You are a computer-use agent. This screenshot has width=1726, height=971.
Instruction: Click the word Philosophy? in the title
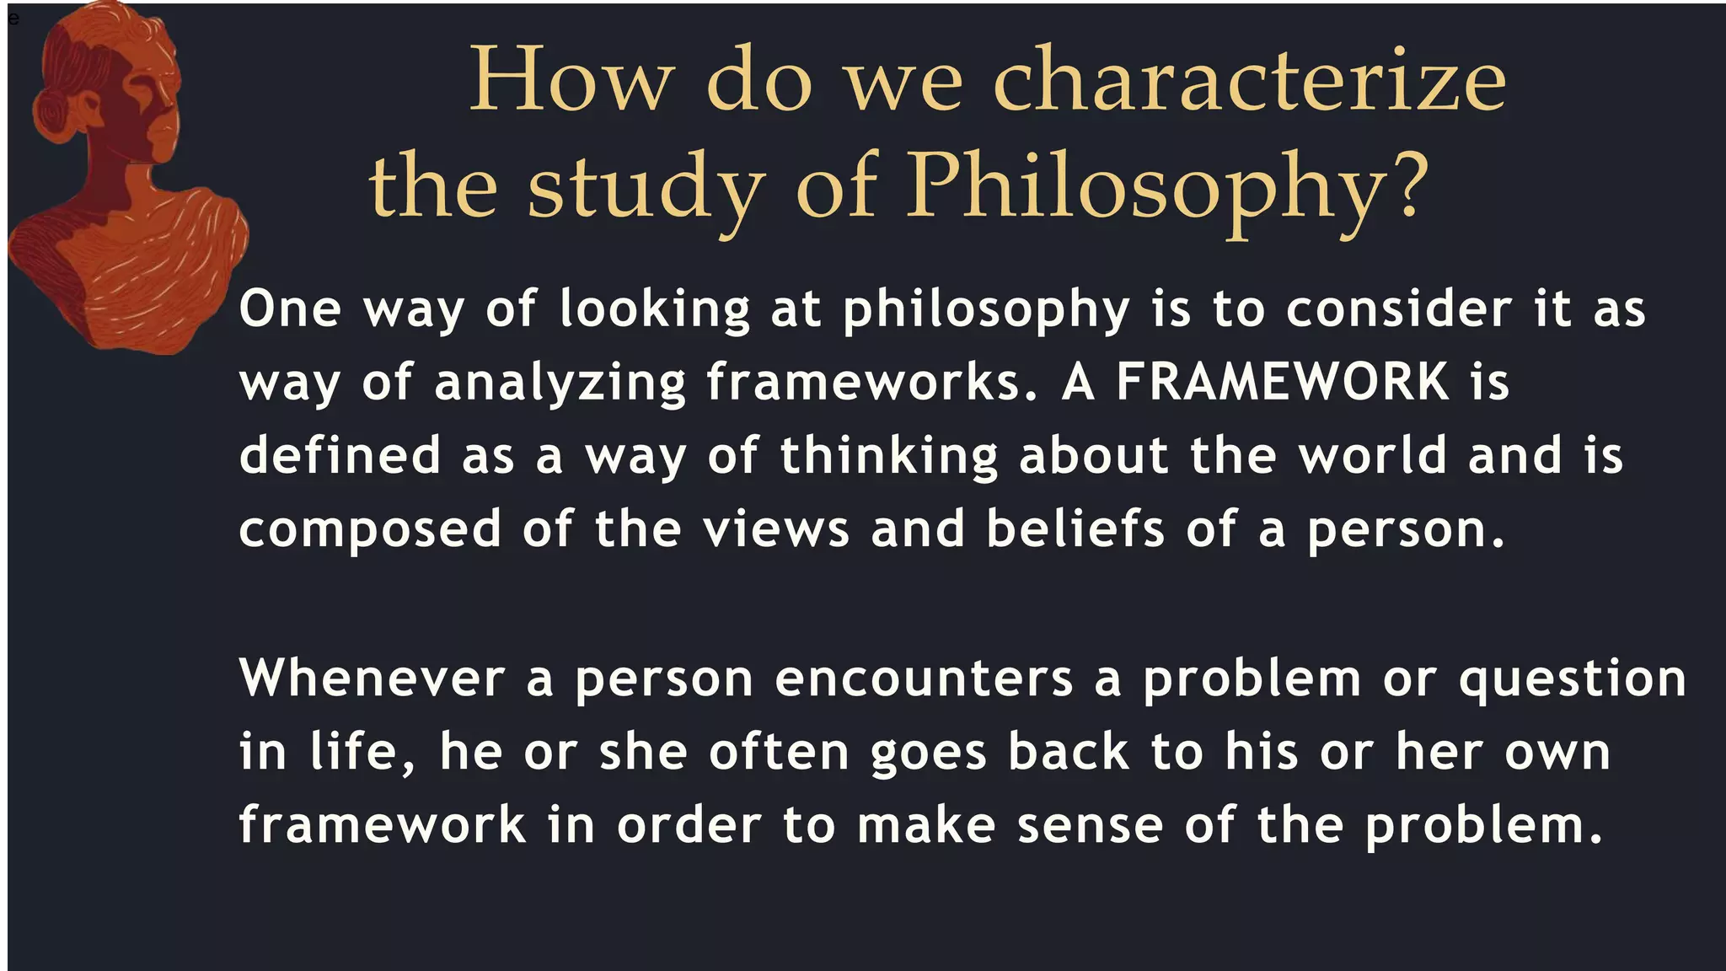(x=1167, y=187)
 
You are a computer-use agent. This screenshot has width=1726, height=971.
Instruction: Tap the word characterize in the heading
(x=1249, y=81)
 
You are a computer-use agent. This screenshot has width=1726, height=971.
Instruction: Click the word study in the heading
(x=646, y=189)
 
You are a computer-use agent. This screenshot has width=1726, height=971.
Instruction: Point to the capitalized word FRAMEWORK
(x=1282, y=382)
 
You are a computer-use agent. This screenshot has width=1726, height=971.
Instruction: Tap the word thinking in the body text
(x=888, y=457)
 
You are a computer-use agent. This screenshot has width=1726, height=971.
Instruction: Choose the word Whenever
(x=372, y=678)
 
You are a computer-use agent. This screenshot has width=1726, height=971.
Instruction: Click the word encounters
(x=924, y=679)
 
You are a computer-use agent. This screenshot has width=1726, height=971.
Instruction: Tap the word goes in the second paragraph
(x=928, y=754)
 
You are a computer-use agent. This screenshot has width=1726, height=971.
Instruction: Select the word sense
(x=1090, y=825)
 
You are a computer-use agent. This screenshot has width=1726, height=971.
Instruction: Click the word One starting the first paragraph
(x=290, y=308)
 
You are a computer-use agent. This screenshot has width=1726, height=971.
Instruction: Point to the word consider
(x=1398, y=308)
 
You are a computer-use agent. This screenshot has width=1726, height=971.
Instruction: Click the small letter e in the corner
(x=13, y=19)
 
